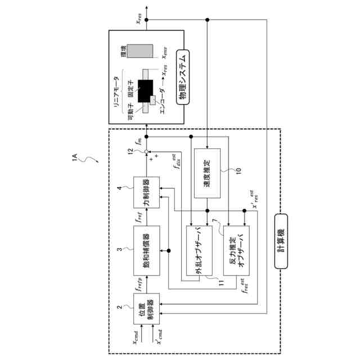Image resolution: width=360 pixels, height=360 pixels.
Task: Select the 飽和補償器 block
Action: tap(146, 249)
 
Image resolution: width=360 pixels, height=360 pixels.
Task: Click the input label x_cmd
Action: tap(137, 337)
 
